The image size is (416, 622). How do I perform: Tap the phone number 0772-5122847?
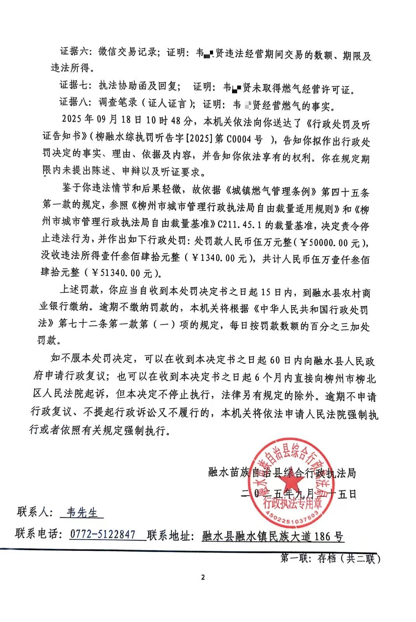coord(103,534)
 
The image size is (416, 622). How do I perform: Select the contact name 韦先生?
coord(82,512)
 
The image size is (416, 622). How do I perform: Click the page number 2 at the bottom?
coord(203,577)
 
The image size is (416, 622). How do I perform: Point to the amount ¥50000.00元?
coord(333,243)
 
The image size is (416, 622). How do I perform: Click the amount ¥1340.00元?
coord(220,258)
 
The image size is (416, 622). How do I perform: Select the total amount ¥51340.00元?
coord(121,273)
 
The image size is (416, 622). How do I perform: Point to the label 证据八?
coord(74,102)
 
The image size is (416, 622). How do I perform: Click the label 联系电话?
coord(38,533)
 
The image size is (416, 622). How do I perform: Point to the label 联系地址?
coord(170,536)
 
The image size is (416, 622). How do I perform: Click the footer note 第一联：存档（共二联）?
coord(330,559)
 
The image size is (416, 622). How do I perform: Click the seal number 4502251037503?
coord(292,516)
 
